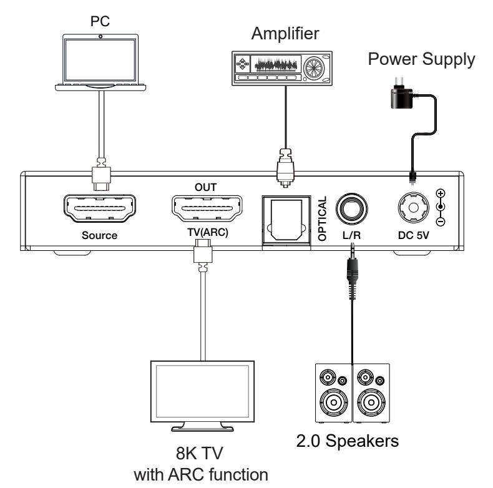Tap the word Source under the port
pyautogui.click(x=100, y=236)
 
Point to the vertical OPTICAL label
pyautogui.click(x=323, y=219)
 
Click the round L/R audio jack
pyautogui.click(x=351, y=208)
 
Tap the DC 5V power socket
pyautogui.click(x=414, y=207)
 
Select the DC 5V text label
pyautogui.click(x=414, y=236)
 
